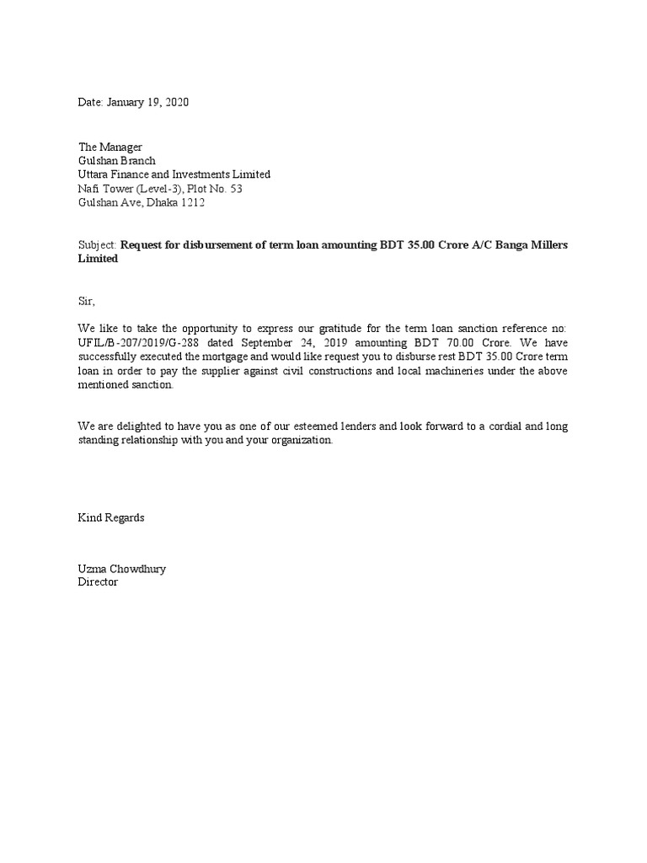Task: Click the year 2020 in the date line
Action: (177, 102)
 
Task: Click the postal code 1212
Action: (191, 202)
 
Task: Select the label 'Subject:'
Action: (98, 245)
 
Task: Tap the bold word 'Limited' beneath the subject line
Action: (98, 260)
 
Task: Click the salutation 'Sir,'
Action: (88, 301)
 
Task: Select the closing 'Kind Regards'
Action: (111, 517)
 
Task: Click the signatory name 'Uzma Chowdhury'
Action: (122, 569)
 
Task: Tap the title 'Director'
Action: (98, 582)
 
